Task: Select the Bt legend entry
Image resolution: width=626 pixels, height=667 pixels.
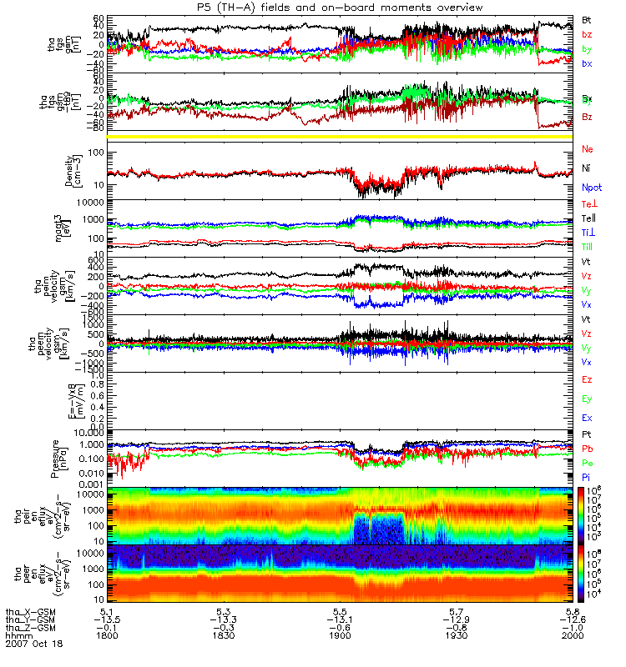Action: pos(587,18)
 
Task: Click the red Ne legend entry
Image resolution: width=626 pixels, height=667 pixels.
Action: pos(587,149)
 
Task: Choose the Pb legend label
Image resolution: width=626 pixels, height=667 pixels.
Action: pos(587,449)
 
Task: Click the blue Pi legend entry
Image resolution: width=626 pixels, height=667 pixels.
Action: pos(587,476)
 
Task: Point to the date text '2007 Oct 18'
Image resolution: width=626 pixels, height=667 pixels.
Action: pos(33,644)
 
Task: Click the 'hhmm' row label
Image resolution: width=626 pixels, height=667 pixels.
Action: pos(18,636)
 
